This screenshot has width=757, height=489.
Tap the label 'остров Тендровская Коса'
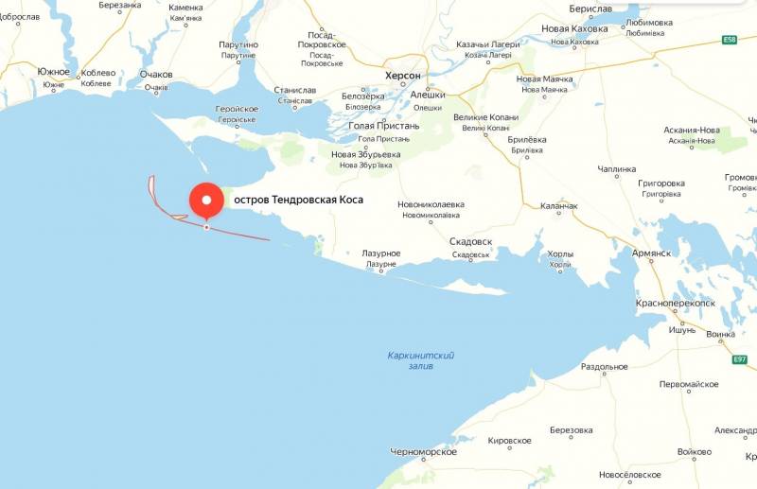(x=298, y=201)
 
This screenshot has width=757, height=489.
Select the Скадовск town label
(x=471, y=241)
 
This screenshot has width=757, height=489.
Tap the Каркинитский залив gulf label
(x=421, y=360)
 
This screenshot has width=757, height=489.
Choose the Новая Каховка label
(x=575, y=28)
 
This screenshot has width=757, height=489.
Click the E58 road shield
(x=729, y=40)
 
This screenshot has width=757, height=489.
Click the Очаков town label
(x=156, y=74)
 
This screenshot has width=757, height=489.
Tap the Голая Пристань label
(x=384, y=126)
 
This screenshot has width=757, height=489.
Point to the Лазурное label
(x=381, y=253)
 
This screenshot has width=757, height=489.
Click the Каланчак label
(x=558, y=206)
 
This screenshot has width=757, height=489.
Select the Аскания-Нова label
(x=693, y=130)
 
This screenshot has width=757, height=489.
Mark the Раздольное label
(x=604, y=367)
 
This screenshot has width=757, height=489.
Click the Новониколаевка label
(x=431, y=203)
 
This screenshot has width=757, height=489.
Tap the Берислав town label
(x=591, y=9)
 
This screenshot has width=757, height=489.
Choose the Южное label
(x=54, y=72)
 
